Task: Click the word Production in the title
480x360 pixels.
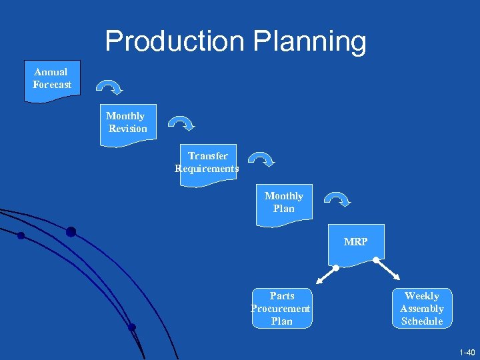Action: (175, 41)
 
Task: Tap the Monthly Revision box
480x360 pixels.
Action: (127, 123)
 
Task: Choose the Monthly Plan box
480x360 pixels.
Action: (284, 203)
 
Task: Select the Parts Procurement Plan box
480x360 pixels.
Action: (281, 309)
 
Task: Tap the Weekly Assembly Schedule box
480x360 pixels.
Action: (422, 309)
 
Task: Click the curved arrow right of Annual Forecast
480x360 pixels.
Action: (109, 87)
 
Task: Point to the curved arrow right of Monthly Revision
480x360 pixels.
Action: (181, 123)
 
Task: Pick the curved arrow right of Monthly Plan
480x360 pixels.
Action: (338, 199)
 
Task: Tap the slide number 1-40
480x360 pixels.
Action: (467, 351)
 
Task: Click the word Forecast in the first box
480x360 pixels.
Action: (52, 85)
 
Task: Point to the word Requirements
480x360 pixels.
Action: (207, 169)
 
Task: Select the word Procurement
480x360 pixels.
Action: (281, 309)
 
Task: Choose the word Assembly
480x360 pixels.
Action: (422, 309)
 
